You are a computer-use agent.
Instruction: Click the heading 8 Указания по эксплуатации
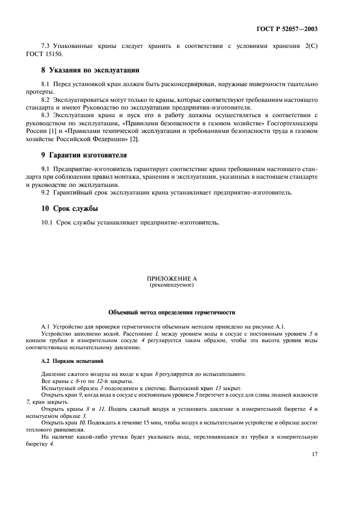click(x=83, y=70)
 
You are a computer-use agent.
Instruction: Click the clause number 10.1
click(x=48, y=222)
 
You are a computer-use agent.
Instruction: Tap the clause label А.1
click(x=46, y=326)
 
